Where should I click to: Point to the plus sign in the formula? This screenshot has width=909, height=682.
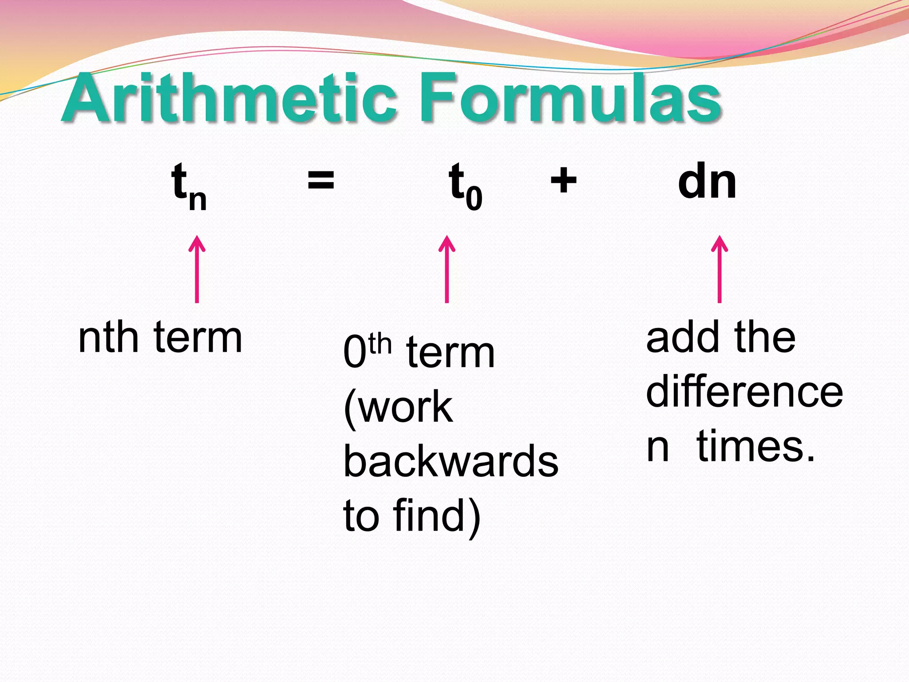[x=563, y=181]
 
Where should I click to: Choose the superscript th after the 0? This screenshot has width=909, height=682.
[x=380, y=345]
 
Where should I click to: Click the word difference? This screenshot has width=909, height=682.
[x=744, y=392]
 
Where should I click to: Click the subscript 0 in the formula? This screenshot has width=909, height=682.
[x=474, y=199]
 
